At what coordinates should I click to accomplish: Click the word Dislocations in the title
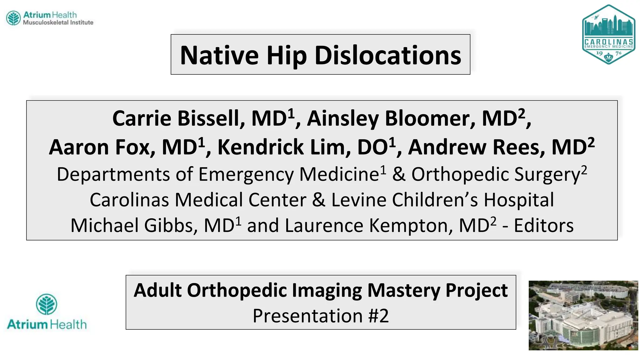(387, 55)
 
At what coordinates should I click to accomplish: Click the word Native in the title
(219, 55)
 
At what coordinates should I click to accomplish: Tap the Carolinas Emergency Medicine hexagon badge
(608, 34)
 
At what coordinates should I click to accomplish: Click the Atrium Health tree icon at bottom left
(47, 304)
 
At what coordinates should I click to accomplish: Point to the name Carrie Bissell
(178, 119)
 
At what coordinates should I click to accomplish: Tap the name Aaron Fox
(102, 147)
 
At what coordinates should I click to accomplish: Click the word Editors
(543, 225)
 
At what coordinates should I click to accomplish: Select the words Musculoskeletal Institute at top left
(58, 22)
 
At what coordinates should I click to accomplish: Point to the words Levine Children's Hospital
(442, 200)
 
